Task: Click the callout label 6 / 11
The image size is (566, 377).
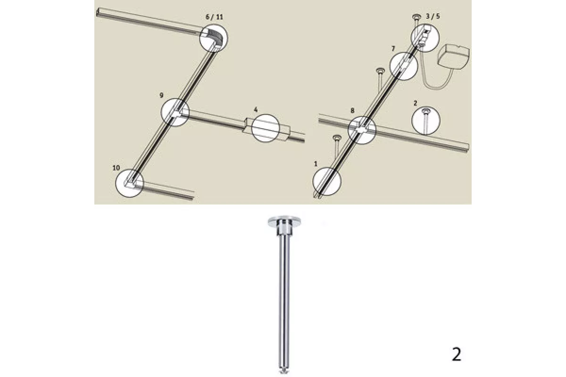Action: click(214, 17)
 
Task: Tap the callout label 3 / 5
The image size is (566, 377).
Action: click(433, 16)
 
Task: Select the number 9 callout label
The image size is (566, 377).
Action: click(161, 96)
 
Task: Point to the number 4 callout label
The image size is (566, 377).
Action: click(256, 110)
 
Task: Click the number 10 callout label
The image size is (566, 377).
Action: click(116, 168)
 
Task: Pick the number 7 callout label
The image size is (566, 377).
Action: click(393, 49)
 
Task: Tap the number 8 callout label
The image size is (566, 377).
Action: click(352, 111)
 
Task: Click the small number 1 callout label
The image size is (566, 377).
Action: click(316, 164)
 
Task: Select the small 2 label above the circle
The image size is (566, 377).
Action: click(416, 103)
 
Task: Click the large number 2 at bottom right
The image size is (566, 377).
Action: click(457, 354)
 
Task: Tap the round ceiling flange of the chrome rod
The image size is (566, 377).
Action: click(284, 221)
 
